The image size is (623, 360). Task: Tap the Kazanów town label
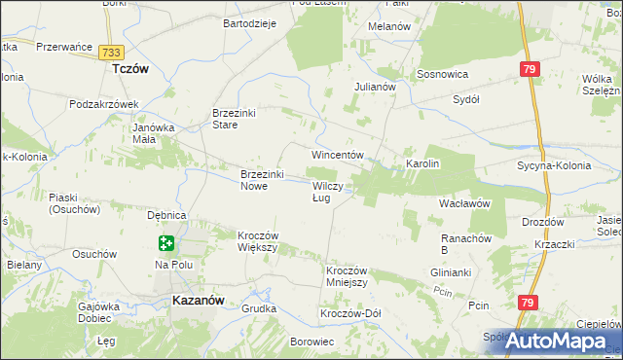click(x=199, y=301)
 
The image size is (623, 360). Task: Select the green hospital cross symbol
click(x=166, y=243)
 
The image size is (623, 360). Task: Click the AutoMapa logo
click(x=561, y=341)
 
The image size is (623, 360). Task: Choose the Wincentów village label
click(x=337, y=156)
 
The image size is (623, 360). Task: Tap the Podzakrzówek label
click(x=105, y=104)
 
